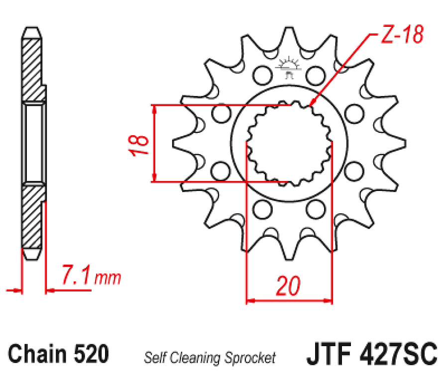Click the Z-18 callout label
pos(402,35)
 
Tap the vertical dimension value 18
pos(141,144)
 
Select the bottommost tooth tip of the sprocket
pos(290,258)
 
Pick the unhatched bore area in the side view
pos(35,144)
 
